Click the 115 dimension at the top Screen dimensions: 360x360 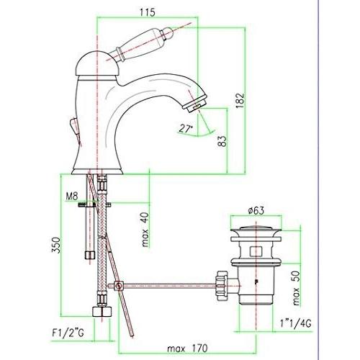148,12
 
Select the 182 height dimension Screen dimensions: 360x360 240,100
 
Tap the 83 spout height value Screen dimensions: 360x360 222,141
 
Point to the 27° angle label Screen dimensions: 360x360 186,129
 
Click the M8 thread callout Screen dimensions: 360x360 72,197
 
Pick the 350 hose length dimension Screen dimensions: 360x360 56,245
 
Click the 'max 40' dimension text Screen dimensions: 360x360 145,230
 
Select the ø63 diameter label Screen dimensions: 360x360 256,210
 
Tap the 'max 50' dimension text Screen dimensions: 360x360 297,288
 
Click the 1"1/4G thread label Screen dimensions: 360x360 295,323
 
